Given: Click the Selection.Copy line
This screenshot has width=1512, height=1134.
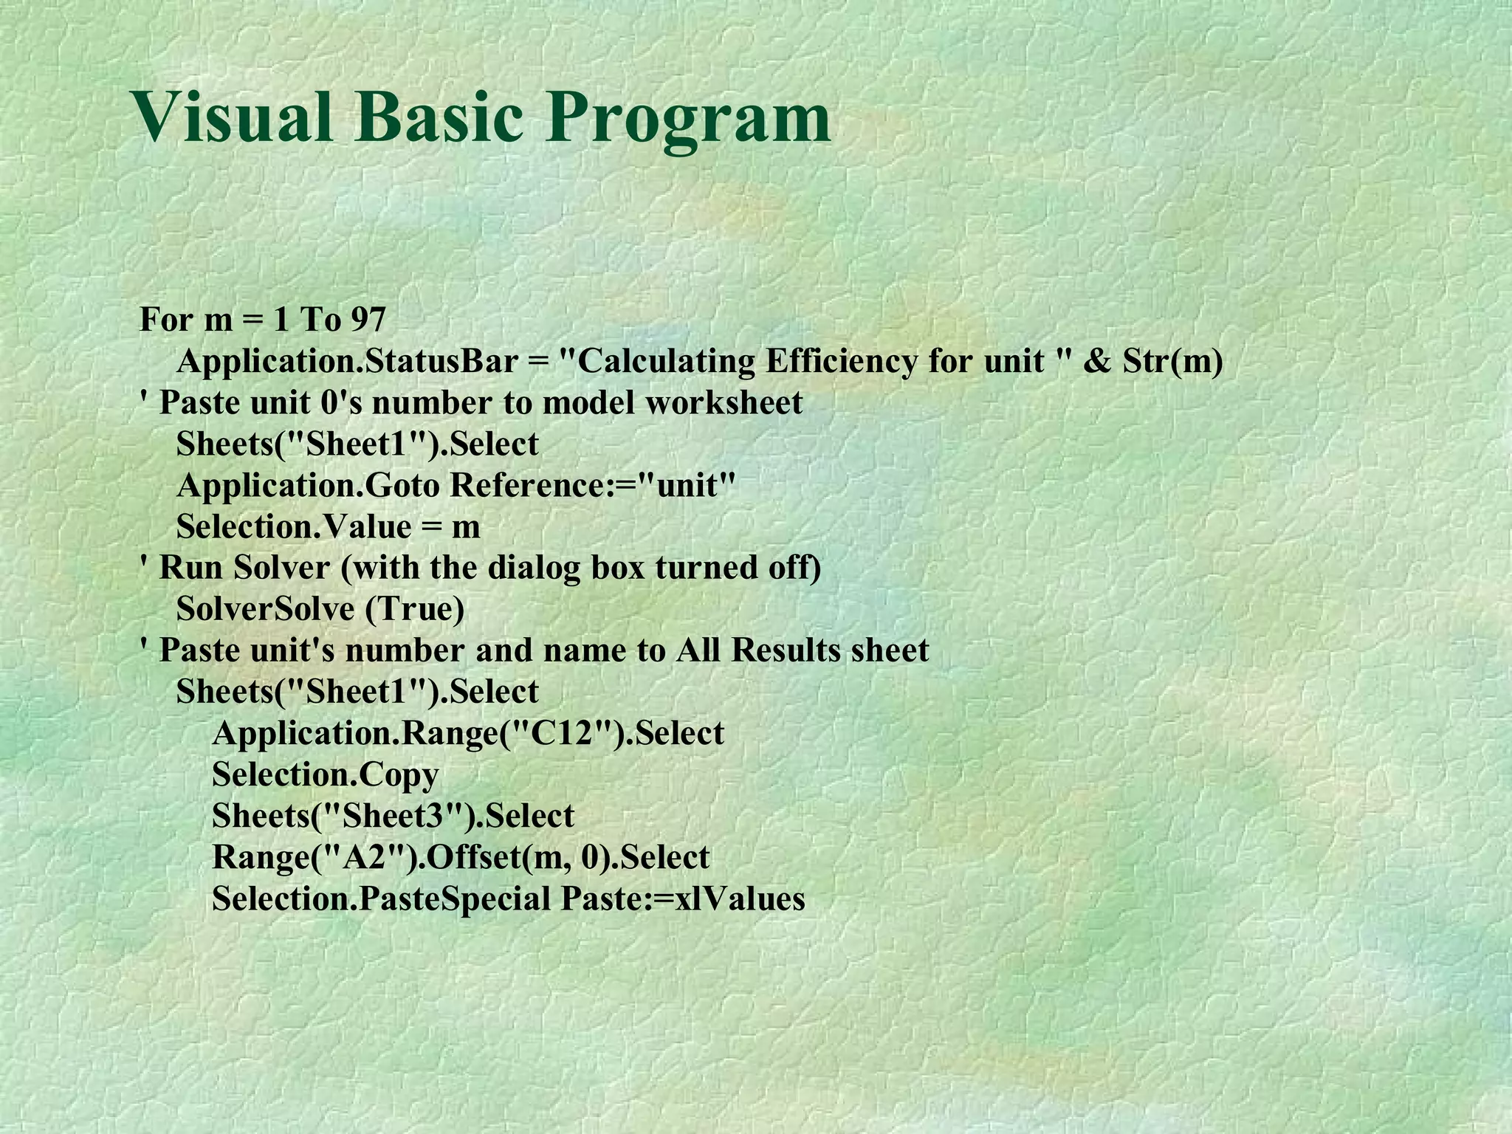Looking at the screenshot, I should pyautogui.click(x=326, y=775).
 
